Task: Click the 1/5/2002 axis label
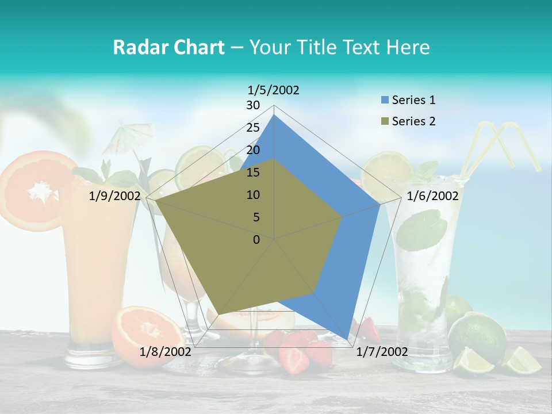[274, 90]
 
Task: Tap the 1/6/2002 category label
[432, 196]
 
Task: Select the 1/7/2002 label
[382, 352]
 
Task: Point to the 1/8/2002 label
[166, 352]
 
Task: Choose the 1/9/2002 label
[115, 196]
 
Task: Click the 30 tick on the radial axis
[253, 105]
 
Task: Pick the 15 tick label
[253, 172]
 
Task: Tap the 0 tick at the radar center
[256, 240]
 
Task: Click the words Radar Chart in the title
[168, 47]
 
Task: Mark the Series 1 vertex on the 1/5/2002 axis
[274, 114]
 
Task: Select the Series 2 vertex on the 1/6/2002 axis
[342, 217]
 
